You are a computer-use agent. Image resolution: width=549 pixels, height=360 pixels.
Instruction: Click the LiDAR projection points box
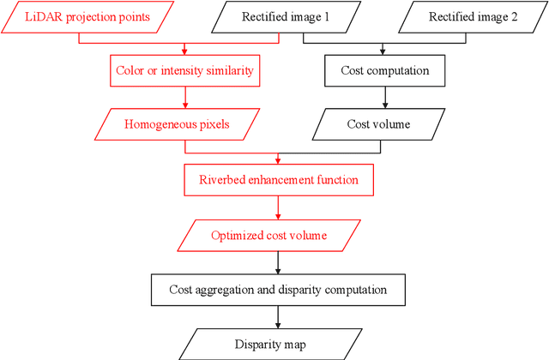click(x=87, y=18)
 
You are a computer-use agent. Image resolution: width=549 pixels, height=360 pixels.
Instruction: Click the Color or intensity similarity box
click(x=184, y=70)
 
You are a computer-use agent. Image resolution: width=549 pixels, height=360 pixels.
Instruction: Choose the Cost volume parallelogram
click(x=378, y=124)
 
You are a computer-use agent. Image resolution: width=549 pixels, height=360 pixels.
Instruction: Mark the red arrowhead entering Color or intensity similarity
click(x=184, y=53)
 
